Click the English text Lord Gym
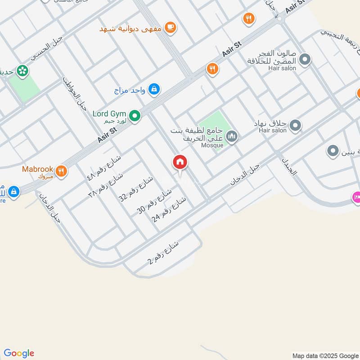coord(109,114)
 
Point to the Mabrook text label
coord(38,169)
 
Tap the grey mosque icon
coord(232,136)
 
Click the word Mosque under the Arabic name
coord(212,145)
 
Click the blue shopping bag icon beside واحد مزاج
coord(154,90)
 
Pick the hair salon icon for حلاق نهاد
coord(295,126)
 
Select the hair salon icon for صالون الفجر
coord(305,60)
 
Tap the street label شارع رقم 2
coord(163,254)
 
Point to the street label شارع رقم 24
coord(170,210)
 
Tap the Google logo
coord(19,353)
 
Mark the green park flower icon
coord(22,71)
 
